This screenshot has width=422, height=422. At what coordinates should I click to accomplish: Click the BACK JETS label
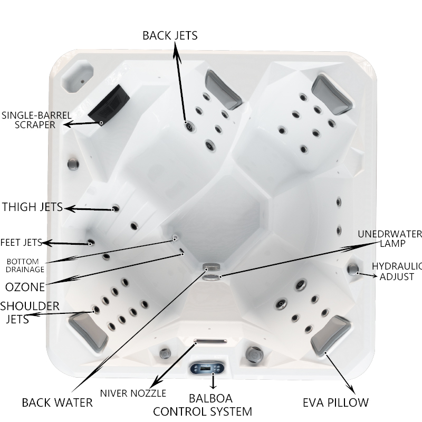[170, 35]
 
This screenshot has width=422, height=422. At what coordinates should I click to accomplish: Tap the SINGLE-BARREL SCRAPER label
[36, 120]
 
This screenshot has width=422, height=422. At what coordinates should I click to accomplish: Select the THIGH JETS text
[32, 207]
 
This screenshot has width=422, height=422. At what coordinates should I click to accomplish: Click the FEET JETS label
[21, 243]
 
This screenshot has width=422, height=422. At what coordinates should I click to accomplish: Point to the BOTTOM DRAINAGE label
[25, 265]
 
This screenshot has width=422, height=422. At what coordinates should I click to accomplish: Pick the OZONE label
[25, 287]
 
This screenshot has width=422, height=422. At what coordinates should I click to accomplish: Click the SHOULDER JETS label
[30, 313]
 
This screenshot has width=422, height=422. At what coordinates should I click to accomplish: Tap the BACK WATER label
[57, 403]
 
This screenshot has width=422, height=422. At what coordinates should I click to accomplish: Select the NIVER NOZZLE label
[133, 394]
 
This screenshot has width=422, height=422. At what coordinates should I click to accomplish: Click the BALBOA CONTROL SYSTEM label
[203, 405]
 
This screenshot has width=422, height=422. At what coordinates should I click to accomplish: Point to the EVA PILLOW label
[335, 403]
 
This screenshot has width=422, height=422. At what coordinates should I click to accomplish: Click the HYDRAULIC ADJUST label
[397, 271]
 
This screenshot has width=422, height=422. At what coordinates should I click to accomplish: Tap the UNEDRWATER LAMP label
[390, 239]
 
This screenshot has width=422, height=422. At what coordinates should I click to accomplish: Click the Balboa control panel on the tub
[207, 368]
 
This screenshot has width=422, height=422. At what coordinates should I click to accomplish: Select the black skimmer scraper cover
[109, 101]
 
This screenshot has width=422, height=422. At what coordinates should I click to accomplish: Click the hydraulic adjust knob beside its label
[352, 268]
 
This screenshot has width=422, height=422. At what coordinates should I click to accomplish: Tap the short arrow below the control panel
[213, 381]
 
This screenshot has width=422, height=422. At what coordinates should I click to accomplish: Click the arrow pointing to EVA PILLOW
[339, 373]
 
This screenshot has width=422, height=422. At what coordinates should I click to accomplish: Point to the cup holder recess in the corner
[77, 76]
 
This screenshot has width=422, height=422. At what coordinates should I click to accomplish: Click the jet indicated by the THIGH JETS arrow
[116, 208]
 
